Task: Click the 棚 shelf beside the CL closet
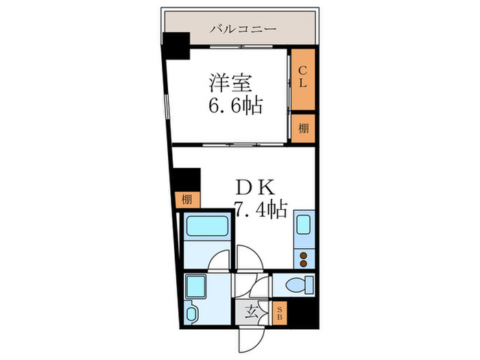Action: point(302,128)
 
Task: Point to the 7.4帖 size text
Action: point(261,208)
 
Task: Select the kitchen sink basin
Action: point(304,225)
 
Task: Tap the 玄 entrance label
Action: point(251,312)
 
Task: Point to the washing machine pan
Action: point(199,285)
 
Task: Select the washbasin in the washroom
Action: point(192,313)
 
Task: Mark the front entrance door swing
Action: point(251,335)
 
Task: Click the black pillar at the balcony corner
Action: point(176,47)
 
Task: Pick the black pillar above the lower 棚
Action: point(185,180)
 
